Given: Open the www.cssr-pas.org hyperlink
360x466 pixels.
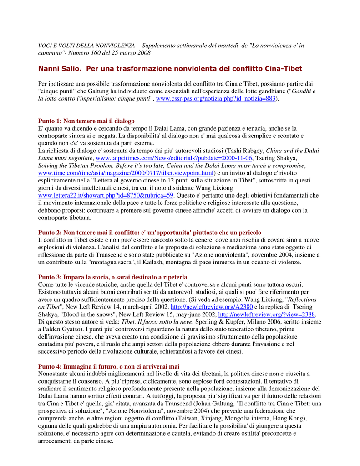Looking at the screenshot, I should pos(216,99).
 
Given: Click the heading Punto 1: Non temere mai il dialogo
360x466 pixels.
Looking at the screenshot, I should pos(86,121).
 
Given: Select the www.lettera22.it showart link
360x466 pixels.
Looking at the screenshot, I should pos(106,195).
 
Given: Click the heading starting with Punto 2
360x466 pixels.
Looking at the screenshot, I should pos(150,233).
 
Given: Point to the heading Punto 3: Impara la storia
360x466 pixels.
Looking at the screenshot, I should pos(112,277).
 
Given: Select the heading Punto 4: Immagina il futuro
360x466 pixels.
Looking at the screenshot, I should pos(109,366).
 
